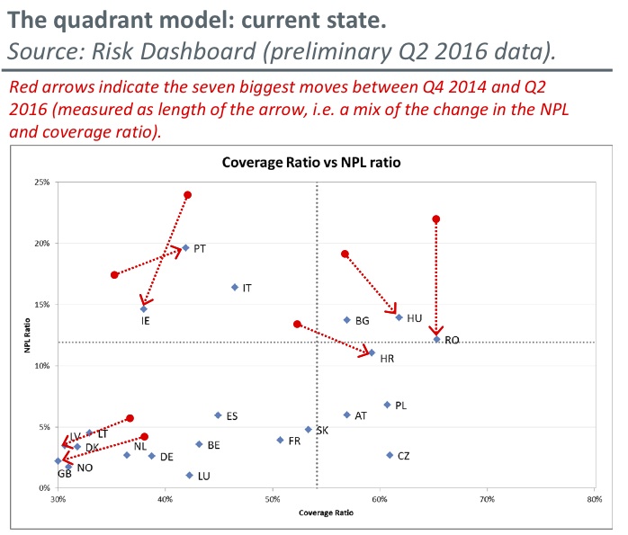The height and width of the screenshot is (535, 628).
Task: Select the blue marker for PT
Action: point(185,247)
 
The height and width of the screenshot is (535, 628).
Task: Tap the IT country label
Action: point(247,288)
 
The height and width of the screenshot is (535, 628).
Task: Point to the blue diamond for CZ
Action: point(390,455)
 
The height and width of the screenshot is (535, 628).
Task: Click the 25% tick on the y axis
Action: point(42,183)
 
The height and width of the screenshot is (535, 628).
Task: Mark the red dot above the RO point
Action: point(436,218)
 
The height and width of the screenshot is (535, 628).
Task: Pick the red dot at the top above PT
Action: point(187,194)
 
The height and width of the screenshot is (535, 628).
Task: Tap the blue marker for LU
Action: point(189,475)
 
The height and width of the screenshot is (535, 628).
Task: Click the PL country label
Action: point(400,406)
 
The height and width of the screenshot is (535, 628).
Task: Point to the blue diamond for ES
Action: point(218,415)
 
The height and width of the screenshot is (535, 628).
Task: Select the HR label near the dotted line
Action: point(387,359)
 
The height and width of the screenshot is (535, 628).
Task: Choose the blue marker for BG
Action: point(346,320)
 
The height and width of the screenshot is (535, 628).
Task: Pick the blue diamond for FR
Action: point(280,440)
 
